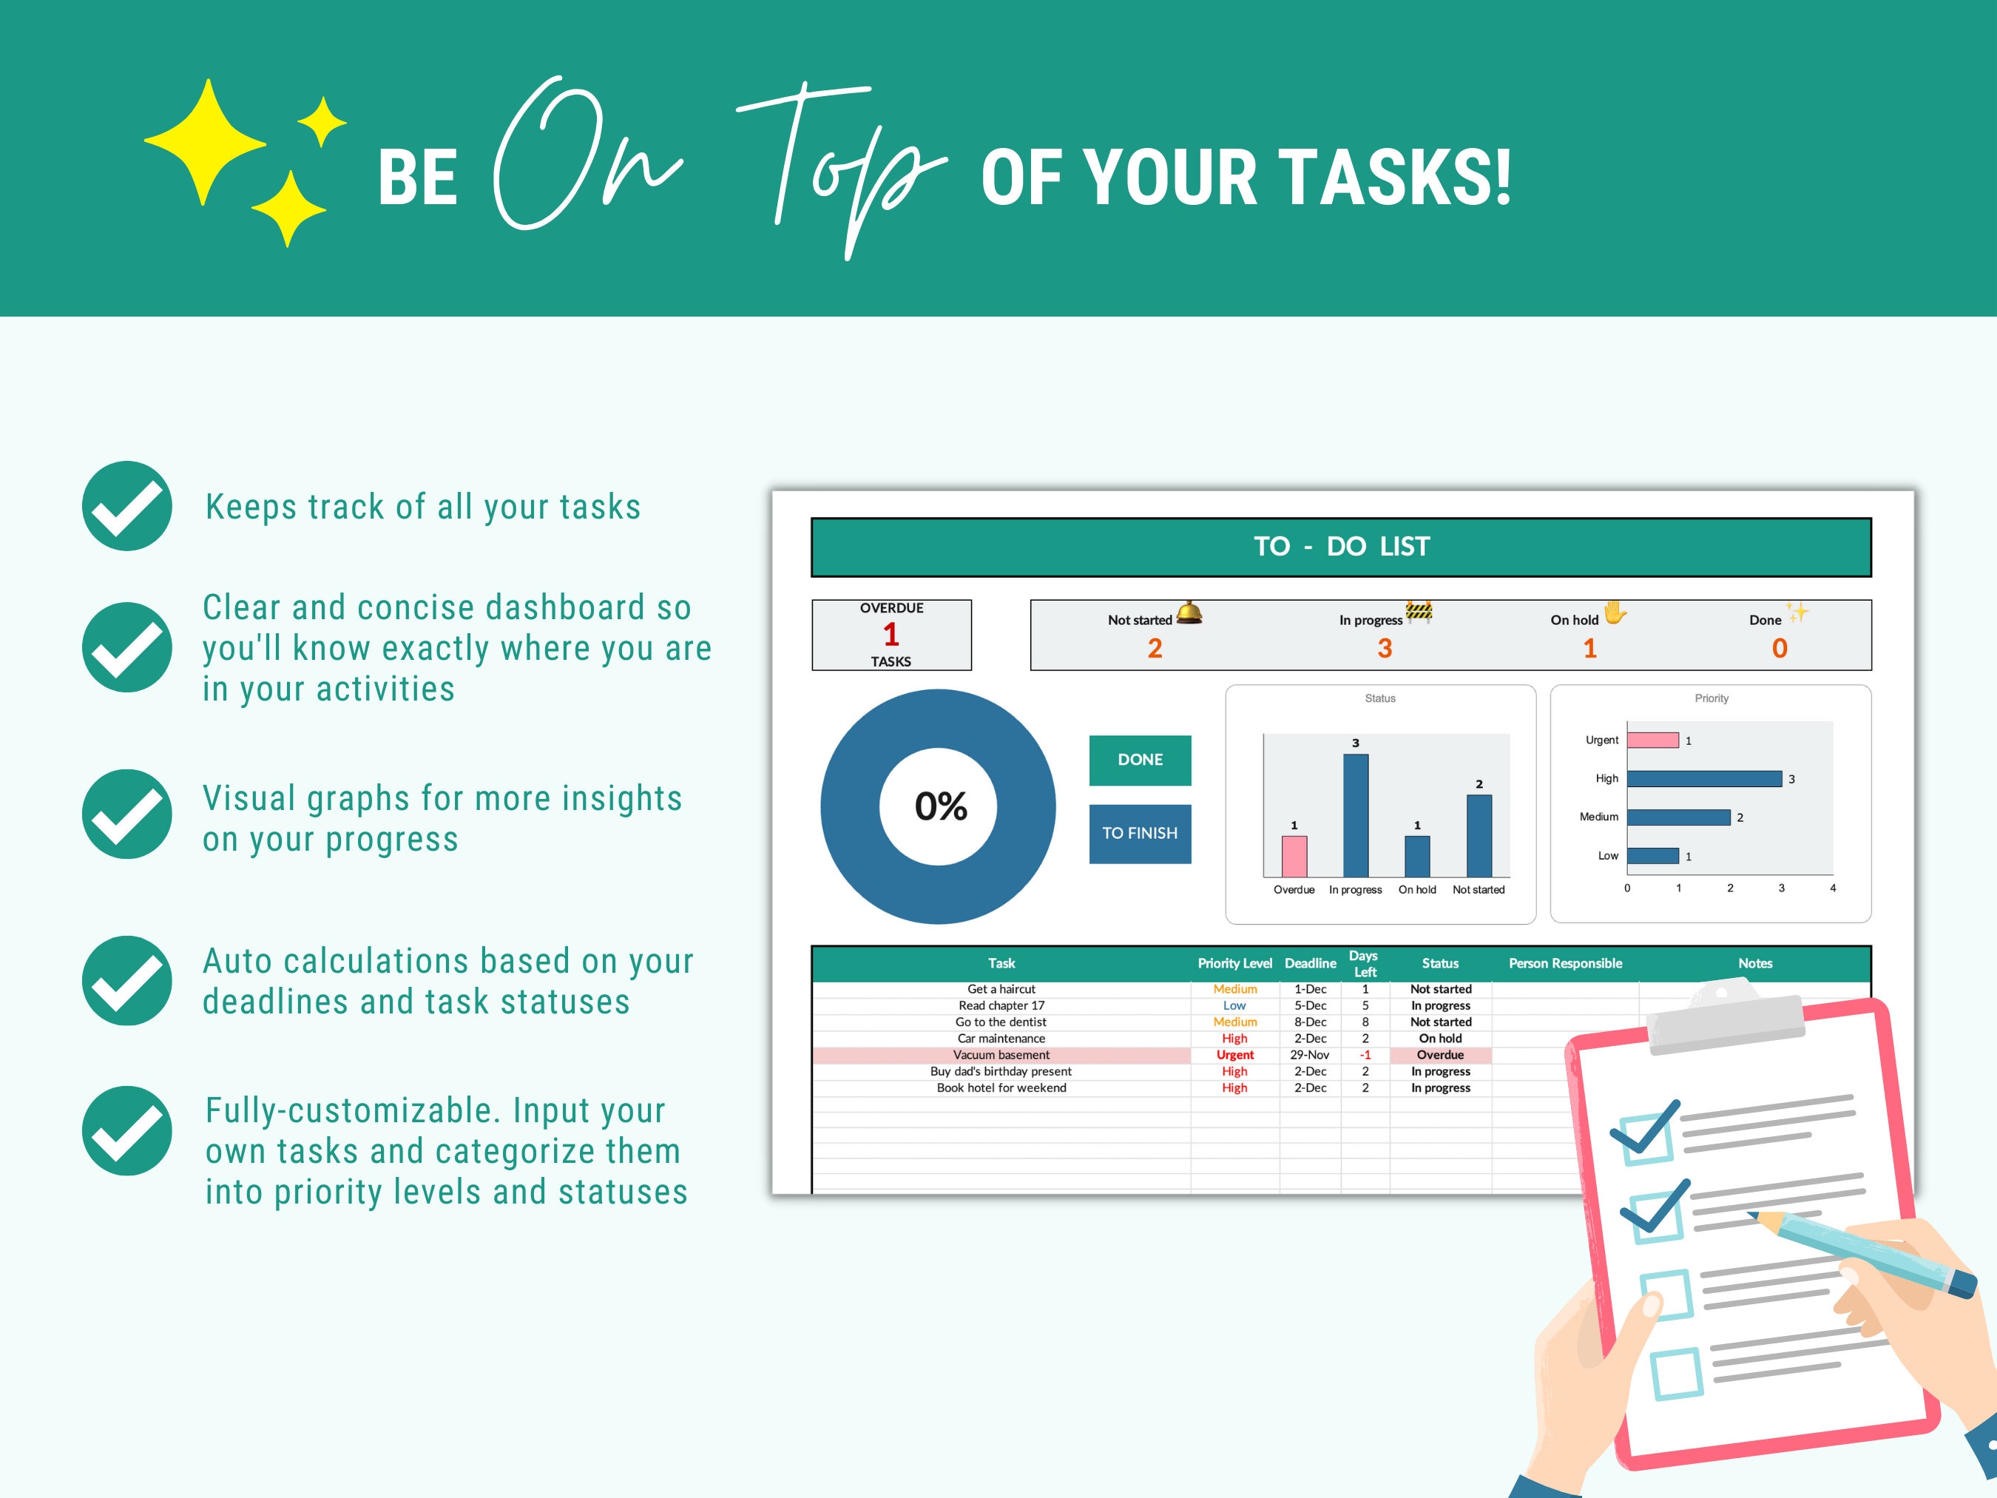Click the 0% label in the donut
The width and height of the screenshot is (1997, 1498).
tap(940, 806)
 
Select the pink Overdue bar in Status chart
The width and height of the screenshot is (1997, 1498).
tap(1294, 856)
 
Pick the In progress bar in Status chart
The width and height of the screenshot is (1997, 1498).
tap(1355, 814)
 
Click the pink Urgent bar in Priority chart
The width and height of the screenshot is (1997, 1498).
tap(1652, 740)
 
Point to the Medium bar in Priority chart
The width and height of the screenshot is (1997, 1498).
tap(1678, 817)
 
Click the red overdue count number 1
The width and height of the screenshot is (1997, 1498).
tap(891, 635)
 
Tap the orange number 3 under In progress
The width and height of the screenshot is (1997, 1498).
tap(1384, 648)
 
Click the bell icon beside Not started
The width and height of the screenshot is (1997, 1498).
tap(1189, 613)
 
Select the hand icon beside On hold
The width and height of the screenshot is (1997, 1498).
tap(1614, 613)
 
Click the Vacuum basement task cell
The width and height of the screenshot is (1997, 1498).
tap(1001, 1055)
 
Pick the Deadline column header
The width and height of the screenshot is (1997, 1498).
tap(1310, 963)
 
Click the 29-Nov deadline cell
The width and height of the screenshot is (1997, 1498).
tap(1309, 1055)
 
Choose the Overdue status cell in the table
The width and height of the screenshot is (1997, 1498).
tap(1440, 1055)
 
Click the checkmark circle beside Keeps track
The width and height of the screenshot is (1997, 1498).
tap(127, 506)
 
